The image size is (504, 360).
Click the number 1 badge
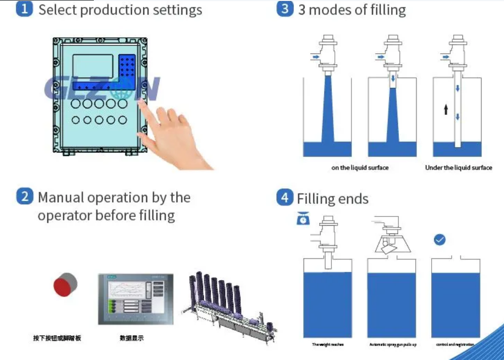[24, 9]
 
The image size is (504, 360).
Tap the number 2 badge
[24, 197]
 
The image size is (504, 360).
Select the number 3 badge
[285, 9]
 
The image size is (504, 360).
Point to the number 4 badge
[285, 198]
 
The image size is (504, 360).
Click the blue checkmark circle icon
[440, 240]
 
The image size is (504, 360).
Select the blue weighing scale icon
[304, 218]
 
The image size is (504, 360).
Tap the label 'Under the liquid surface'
[459, 168]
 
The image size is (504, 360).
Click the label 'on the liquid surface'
[360, 168]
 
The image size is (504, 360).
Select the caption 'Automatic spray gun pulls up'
[393, 344]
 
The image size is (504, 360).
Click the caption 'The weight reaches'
[328, 344]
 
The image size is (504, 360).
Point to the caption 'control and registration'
[455, 344]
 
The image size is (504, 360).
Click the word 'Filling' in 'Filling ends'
[317, 199]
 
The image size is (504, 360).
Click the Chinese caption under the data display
[132, 338]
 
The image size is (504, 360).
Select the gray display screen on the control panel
[93, 66]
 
